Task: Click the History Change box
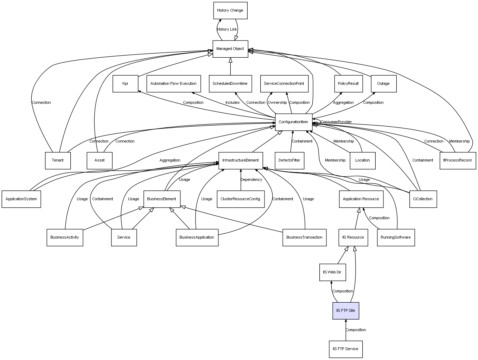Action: click(230, 11)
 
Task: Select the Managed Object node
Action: click(230, 49)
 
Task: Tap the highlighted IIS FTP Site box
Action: click(346, 311)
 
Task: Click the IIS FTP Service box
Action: click(346, 349)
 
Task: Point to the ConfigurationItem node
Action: click(294, 122)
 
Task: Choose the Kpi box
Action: click(125, 84)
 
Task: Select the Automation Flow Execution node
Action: click(173, 84)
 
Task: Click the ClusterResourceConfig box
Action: click(241, 199)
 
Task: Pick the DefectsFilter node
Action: click(289, 160)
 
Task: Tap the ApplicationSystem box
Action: click(21, 199)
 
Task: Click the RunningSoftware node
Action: click(396, 238)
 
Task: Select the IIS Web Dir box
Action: click(332, 272)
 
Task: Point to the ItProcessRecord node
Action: click(458, 160)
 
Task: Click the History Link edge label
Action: click(227, 30)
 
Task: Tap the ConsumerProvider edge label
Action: click(336, 122)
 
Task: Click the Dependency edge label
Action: click(251, 180)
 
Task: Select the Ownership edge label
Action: click(277, 102)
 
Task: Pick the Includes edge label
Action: click(232, 102)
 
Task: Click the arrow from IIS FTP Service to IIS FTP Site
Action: click(346, 330)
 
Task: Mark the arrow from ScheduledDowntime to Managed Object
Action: click(230, 67)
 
